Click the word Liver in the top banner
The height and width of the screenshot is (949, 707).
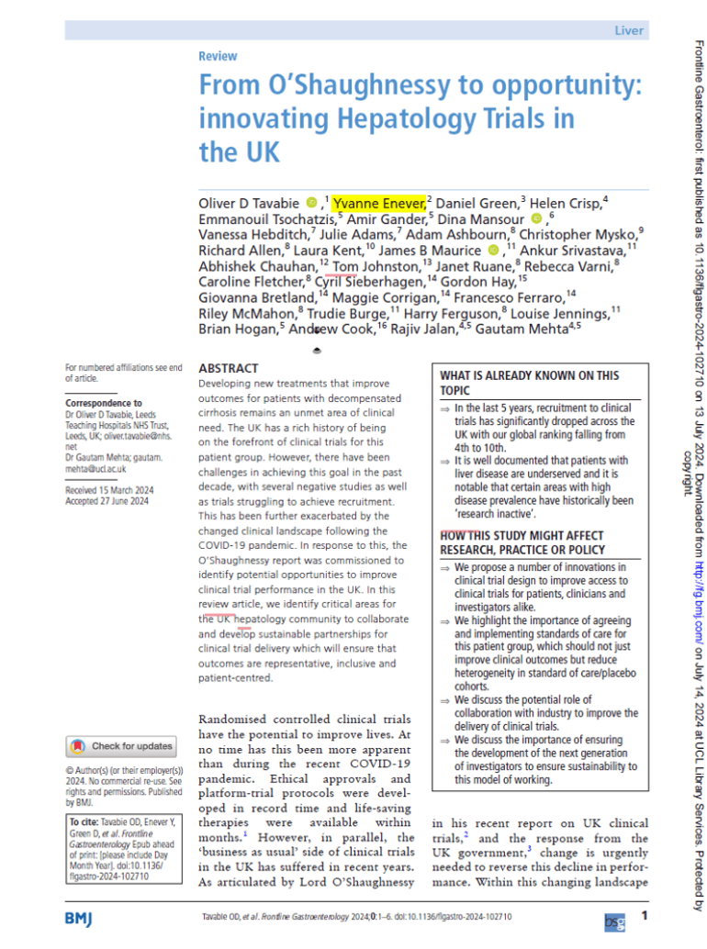point(629,30)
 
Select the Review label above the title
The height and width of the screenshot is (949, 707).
point(218,56)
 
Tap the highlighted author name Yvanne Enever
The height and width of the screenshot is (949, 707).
point(378,202)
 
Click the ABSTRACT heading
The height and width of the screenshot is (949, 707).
point(229,367)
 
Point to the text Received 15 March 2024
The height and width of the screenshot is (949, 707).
point(107,490)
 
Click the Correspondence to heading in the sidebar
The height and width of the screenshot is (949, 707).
point(104,403)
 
